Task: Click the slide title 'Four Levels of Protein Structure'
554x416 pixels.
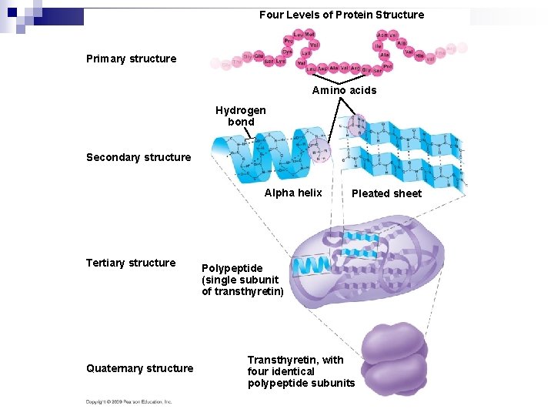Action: pos(341,15)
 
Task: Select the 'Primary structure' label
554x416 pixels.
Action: pos(131,59)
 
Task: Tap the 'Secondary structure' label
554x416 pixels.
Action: pos(138,157)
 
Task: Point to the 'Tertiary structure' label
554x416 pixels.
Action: pos(131,263)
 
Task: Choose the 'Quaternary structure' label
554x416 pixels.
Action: pos(139,368)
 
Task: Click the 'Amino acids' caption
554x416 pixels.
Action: pos(344,90)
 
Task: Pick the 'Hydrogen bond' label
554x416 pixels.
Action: pos(240,116)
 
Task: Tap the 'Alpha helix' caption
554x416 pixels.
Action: pos(293,193)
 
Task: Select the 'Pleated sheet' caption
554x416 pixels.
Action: pos(386,193)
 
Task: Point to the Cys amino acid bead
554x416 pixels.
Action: pos(286,52)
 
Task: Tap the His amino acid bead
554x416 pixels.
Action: pos(420,55)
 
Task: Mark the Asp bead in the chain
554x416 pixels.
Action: pos(322,68)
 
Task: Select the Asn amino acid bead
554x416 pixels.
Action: pos(382,35)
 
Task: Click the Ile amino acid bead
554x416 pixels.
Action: pos(378,46)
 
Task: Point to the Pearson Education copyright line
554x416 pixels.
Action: pos(128,401)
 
